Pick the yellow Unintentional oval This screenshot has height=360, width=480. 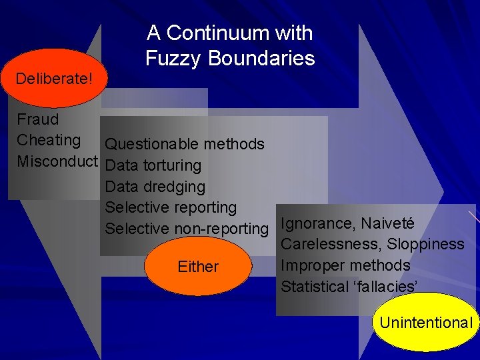pyautogui.click(x=426, y=323)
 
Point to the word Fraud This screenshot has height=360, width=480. pyautogui.click(x=38, y=120)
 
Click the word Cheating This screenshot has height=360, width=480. pyautogui.click(x=49, y=140)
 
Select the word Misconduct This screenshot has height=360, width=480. pyautogui.click(x=57, y=161)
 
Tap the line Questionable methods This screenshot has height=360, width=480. pyautogui.click(x=185, y=144)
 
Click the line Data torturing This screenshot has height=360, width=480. pyautogui.click(x=153, y=165)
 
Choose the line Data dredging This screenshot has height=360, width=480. pyautogui.click(x=155, y=187)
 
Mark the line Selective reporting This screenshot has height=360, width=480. pyautogui.click(x=171, y=208)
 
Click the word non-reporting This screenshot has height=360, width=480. pyautogui.click(x=221, y=229)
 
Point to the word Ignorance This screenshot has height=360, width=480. pyautogui.click(x=317, y=223)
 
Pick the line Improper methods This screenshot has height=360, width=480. pyautogui.click(x=345, y=265)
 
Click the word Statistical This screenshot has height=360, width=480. pyautogui.click(x=314, y=287)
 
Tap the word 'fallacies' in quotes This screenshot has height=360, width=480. pyautogui.click(x=385, y=287)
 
